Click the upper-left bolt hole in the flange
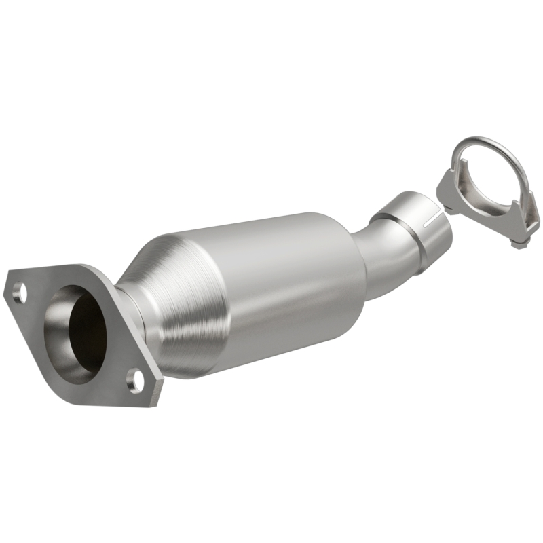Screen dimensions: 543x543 pyautogui.click(x=20, y=293)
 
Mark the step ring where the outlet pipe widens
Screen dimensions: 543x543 pyautogui.click(x=394, y=224)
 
